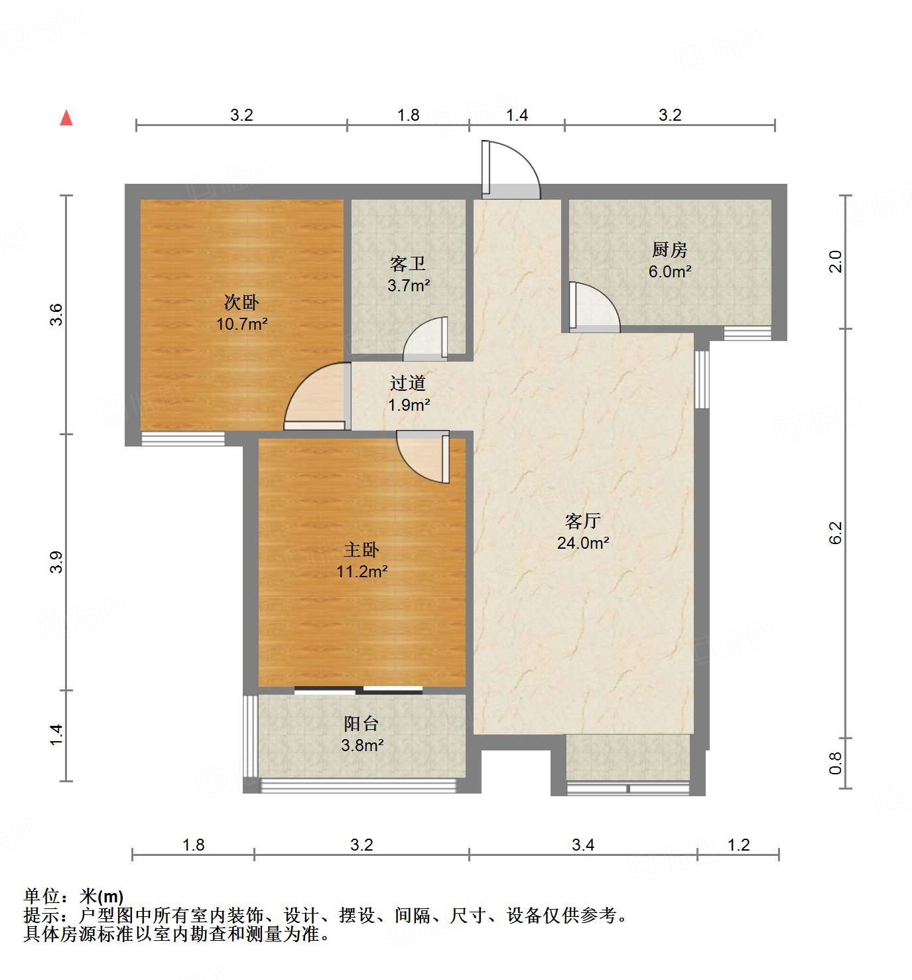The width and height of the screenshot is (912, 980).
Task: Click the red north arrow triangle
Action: pyautogui.click(x=66, y=117)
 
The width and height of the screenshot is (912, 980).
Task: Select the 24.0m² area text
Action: pyautogui.click(x=583, y=543)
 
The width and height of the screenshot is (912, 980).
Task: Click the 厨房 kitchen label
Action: pyautogui.click(x=669, y=249)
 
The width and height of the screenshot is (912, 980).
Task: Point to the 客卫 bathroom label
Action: pyautogui.click(x=408, y=264)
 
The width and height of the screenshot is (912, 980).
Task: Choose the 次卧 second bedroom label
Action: pyautogui.click(x=241, y=303)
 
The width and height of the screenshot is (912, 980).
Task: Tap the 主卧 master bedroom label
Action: pyautogui.click(x=361, y=549)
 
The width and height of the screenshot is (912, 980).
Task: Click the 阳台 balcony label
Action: pyautogui.click(x=361, y=723)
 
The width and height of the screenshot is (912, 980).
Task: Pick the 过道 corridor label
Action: pyautogui.click(x=408, y=383)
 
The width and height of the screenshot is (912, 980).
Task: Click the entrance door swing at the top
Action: pyautogui.click(x=511, y=170)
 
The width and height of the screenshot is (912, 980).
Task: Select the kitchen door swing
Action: pyautogui.click(x=594, y=307)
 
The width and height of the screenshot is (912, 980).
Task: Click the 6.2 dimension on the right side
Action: pyautogui.click(x=836, y=532)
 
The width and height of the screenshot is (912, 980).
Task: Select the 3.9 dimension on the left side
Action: pyautogui.click(x=57, y=562)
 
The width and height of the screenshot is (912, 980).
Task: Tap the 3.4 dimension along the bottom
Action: pyautogui.click(x=583, y=845)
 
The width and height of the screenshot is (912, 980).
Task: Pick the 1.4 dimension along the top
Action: pyautogui.click(x=517, y=115)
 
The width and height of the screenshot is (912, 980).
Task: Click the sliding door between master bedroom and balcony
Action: pyautogui.click(x=358, y=690)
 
